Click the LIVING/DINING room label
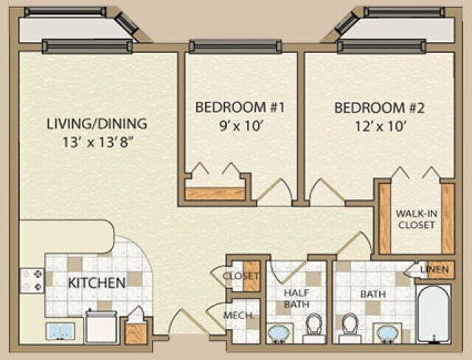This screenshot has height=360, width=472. tap(97, 123)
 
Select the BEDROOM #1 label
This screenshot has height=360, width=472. tap(240, 108)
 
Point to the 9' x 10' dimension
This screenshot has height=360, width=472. tap(240, 125)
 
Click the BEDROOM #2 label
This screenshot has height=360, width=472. tap(380, 108)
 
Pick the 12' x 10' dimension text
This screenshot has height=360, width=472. tap(380, 125)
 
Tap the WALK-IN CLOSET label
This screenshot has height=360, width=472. tap(416, 220)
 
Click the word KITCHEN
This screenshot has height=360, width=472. tap(97, 283)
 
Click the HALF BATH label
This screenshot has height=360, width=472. tap(295, 298)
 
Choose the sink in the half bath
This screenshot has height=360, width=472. tap(281, 334)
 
